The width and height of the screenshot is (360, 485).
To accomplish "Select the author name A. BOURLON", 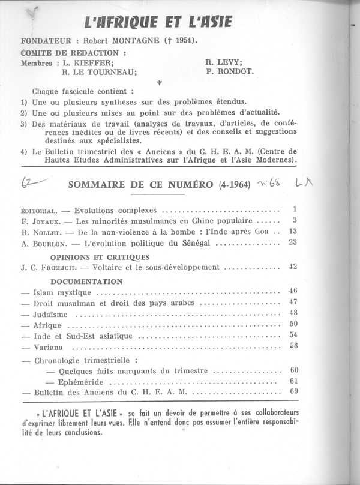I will pos(41,244).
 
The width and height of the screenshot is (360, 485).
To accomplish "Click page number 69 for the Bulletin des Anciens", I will pos(293,392).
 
